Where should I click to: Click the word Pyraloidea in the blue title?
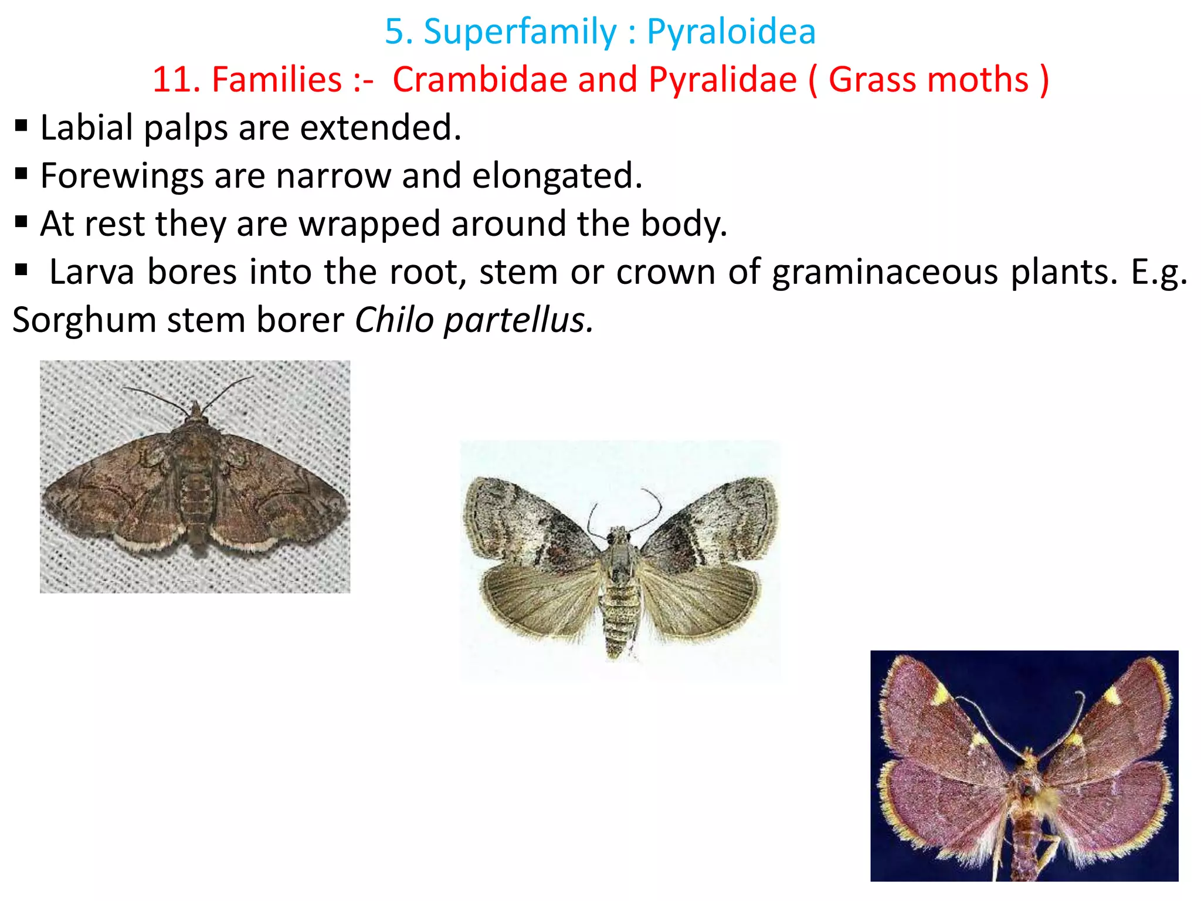(x=731, y=32)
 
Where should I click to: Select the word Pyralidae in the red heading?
(x=722, y=80)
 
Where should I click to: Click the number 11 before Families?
(x=171, y=80)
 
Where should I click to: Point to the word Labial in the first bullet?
(x=87, y=127)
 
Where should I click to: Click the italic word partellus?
(x=518, y=320)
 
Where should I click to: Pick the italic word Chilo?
(x=394, y=320)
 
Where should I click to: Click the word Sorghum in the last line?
(x=84, y=320)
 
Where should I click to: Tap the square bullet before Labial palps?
(x=22, y=126)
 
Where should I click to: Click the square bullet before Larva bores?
(x=22, y=270)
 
